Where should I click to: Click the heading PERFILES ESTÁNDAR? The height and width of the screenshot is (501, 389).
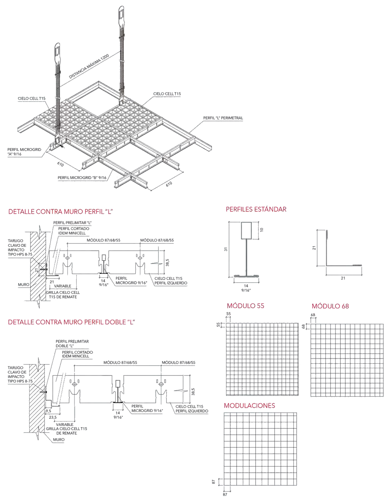click(x=256, y=209)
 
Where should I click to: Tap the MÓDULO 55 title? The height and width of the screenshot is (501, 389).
click(x=245, y=306)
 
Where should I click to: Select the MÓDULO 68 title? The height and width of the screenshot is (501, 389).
click(x=330, y=306)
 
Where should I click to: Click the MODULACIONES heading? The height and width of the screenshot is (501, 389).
click(x=249, y=406)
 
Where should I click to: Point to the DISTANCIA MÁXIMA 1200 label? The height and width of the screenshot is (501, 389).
click(x=89, y=66)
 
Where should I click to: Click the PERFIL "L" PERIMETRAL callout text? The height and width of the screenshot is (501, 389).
click(x=223, y=118)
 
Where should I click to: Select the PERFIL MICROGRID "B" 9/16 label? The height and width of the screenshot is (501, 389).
click(x=82, y=178)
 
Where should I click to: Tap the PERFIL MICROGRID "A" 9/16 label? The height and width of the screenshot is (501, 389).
click(x=24, y=152)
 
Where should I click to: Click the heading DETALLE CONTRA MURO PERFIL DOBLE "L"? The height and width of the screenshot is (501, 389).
click(x=71, y=322)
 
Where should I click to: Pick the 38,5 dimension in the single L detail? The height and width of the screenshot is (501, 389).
click(x=168, y=262)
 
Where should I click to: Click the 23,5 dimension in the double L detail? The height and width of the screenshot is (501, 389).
click(x=53, y=417)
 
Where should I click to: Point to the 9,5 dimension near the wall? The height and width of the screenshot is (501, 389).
click(x=48, y=411)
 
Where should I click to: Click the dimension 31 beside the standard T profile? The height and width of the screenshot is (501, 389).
click(x=226, y=249)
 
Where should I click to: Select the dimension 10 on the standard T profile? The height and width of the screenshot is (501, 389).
click(x=262, y=230)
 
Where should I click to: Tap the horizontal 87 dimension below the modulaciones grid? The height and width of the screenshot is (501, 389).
click(x=225, y=495)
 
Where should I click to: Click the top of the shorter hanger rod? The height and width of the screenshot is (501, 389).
click(x=57, y=46)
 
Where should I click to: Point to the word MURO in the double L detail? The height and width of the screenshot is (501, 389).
click(x=59, y=440)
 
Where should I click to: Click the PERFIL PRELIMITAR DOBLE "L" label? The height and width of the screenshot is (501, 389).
click(x=72, y=344)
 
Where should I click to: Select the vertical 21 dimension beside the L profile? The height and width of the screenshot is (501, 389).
click(x=314, y=248)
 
